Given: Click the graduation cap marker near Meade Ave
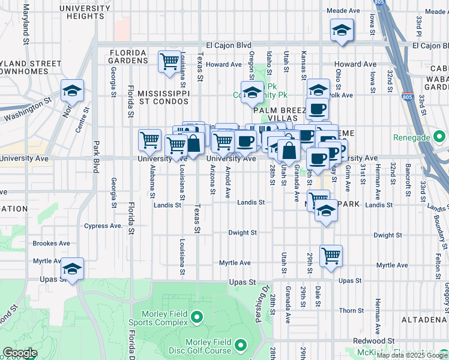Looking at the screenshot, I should (x=342, y=31).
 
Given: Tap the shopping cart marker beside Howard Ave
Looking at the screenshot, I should (x=170, y=61).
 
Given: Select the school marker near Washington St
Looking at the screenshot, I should (x=72, y=91).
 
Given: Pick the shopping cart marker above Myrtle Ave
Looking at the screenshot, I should (x=331, y=256).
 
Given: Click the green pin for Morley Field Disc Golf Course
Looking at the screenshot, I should (x=241, y=345).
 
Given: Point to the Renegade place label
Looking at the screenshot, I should (x=412, y=137).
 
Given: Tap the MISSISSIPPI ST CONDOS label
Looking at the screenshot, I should (x=163, y=98).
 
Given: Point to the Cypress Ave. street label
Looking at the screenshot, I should (x=103, y=226).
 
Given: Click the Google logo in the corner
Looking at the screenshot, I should (x=20, y=353).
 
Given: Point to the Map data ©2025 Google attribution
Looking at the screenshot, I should (x=412, y=355).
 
